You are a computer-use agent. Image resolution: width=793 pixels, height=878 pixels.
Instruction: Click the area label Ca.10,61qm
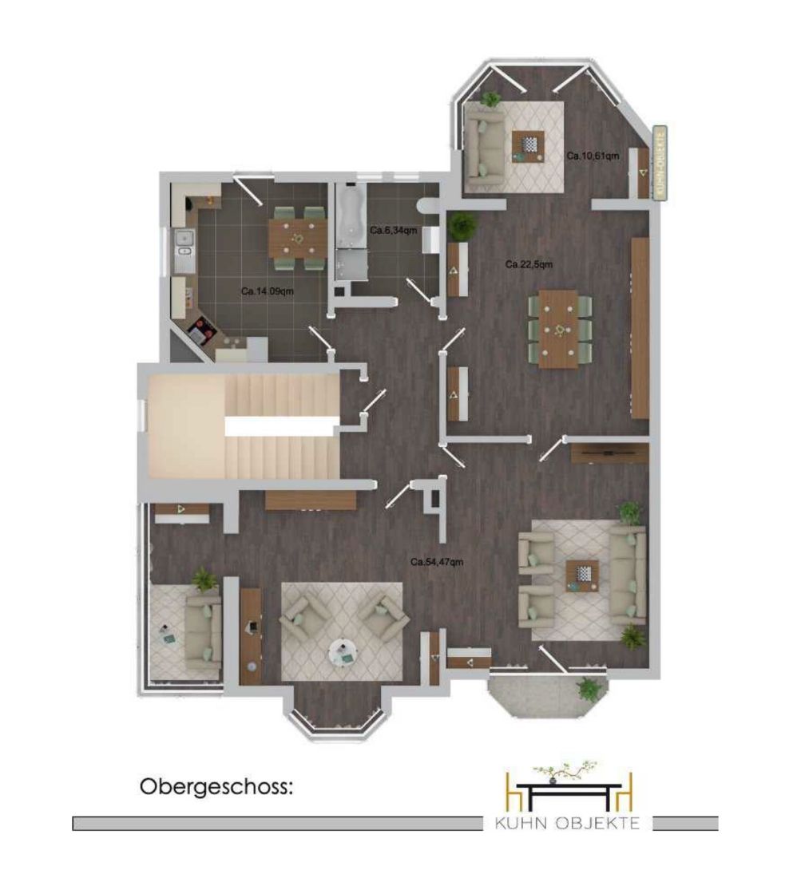(x=593, y=156)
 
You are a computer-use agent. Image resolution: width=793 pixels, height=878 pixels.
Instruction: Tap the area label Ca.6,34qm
(x=393, y=230)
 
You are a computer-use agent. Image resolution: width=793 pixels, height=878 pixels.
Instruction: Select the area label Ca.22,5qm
(x=529, y=264)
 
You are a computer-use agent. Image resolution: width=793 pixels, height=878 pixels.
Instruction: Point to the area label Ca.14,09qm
(x=268, y=291)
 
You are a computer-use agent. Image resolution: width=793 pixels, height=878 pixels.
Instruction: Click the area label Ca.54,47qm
(x=437, y=562)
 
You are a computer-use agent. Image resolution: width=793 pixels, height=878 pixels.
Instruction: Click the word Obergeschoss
(x=215, y=787)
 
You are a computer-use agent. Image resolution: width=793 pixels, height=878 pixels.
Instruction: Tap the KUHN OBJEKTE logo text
(x=566, y=823)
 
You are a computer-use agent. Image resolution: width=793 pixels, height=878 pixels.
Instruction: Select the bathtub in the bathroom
(x=351, y=216)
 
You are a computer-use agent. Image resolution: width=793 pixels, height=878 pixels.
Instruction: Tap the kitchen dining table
(x=298, y=238)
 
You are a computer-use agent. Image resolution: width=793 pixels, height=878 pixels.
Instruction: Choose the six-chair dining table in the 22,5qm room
(x=559, y=329)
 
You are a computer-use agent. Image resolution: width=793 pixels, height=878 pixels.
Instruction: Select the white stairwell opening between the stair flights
(x=281, y=426)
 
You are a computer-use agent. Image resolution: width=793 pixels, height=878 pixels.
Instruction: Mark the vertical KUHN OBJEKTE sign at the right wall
(x=660, y=162)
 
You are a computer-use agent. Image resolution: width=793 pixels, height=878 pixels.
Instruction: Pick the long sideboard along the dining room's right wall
(x=640, y=328)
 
